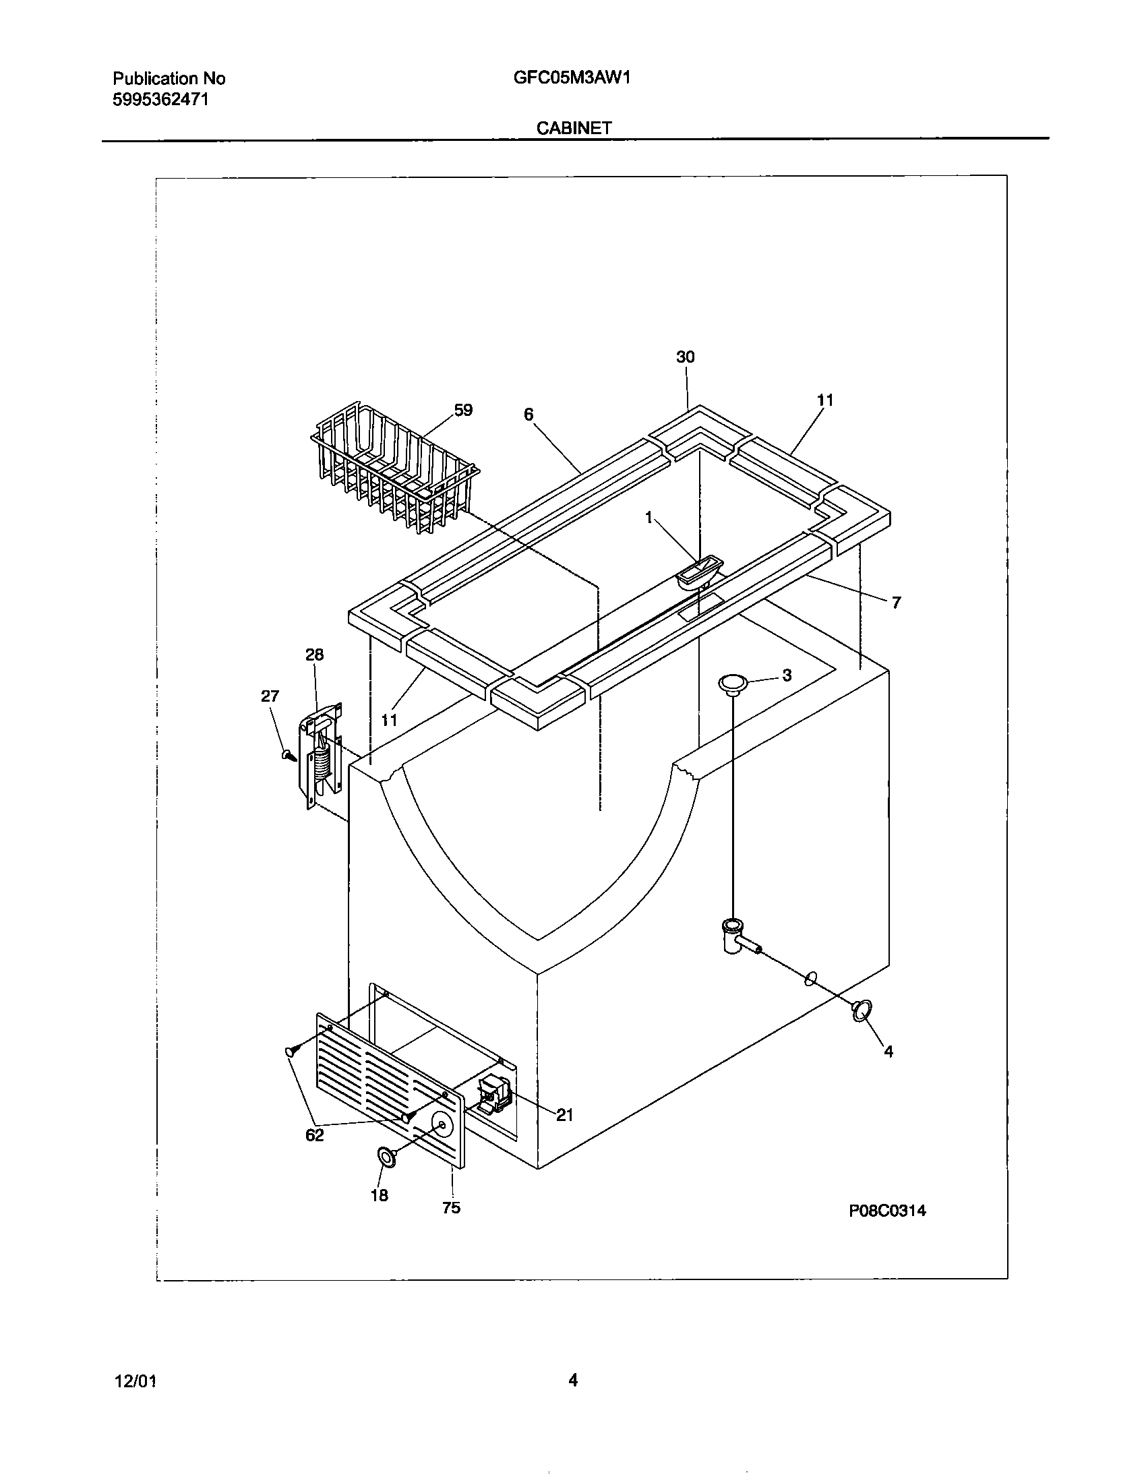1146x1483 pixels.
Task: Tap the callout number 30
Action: [x=685, y=357]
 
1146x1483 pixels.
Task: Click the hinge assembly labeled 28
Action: [x=322, y=754]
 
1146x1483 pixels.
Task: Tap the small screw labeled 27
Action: [x=289, y=754]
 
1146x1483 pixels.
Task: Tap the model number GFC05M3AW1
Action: [x=572, y=78]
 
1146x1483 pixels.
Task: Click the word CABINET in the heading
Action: [x=574, y=127]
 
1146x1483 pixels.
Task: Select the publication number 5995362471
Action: [x=160, y=100]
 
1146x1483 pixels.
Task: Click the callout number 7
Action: [x=896, y=602]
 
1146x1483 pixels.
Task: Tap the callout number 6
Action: [x=529, y=414]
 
